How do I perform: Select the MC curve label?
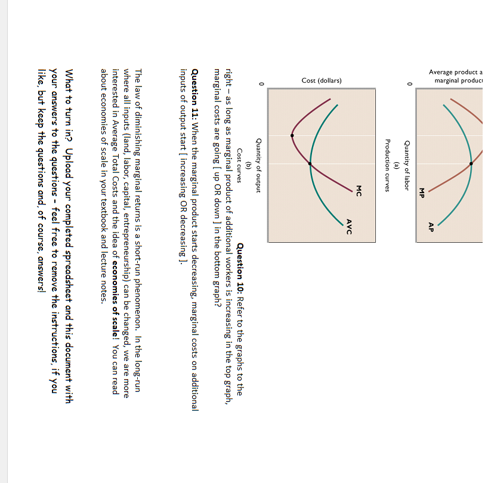pos(359,190)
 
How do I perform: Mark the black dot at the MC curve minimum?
pos(292,135)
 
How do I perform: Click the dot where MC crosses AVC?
pos(310,163)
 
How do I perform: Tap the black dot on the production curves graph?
pos(471,163)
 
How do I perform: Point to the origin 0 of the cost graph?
pos(261,84)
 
